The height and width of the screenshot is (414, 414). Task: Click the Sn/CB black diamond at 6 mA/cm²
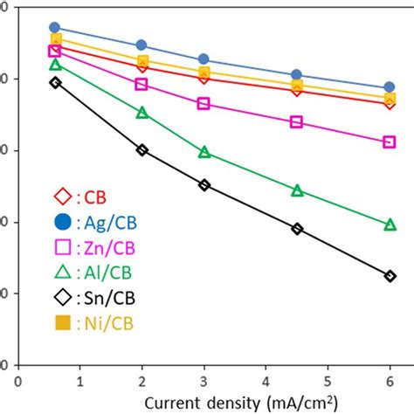point(390,276)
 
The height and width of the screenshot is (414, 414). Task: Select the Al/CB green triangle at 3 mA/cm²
point(204,153)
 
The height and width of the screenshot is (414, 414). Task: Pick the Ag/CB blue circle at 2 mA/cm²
point(141,45)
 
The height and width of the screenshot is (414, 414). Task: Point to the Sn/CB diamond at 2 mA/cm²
point(141,150)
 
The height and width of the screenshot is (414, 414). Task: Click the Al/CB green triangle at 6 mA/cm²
point(390,225)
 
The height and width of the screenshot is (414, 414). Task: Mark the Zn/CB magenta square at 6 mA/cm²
point(390,141)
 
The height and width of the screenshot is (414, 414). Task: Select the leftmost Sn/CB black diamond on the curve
point(55,82)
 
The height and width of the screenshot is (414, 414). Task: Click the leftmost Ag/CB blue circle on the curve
point(55,28)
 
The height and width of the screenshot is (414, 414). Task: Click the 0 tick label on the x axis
point(17,381)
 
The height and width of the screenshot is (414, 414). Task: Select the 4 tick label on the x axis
point(266,381)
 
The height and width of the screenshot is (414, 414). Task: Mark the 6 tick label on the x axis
point(390,381)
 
